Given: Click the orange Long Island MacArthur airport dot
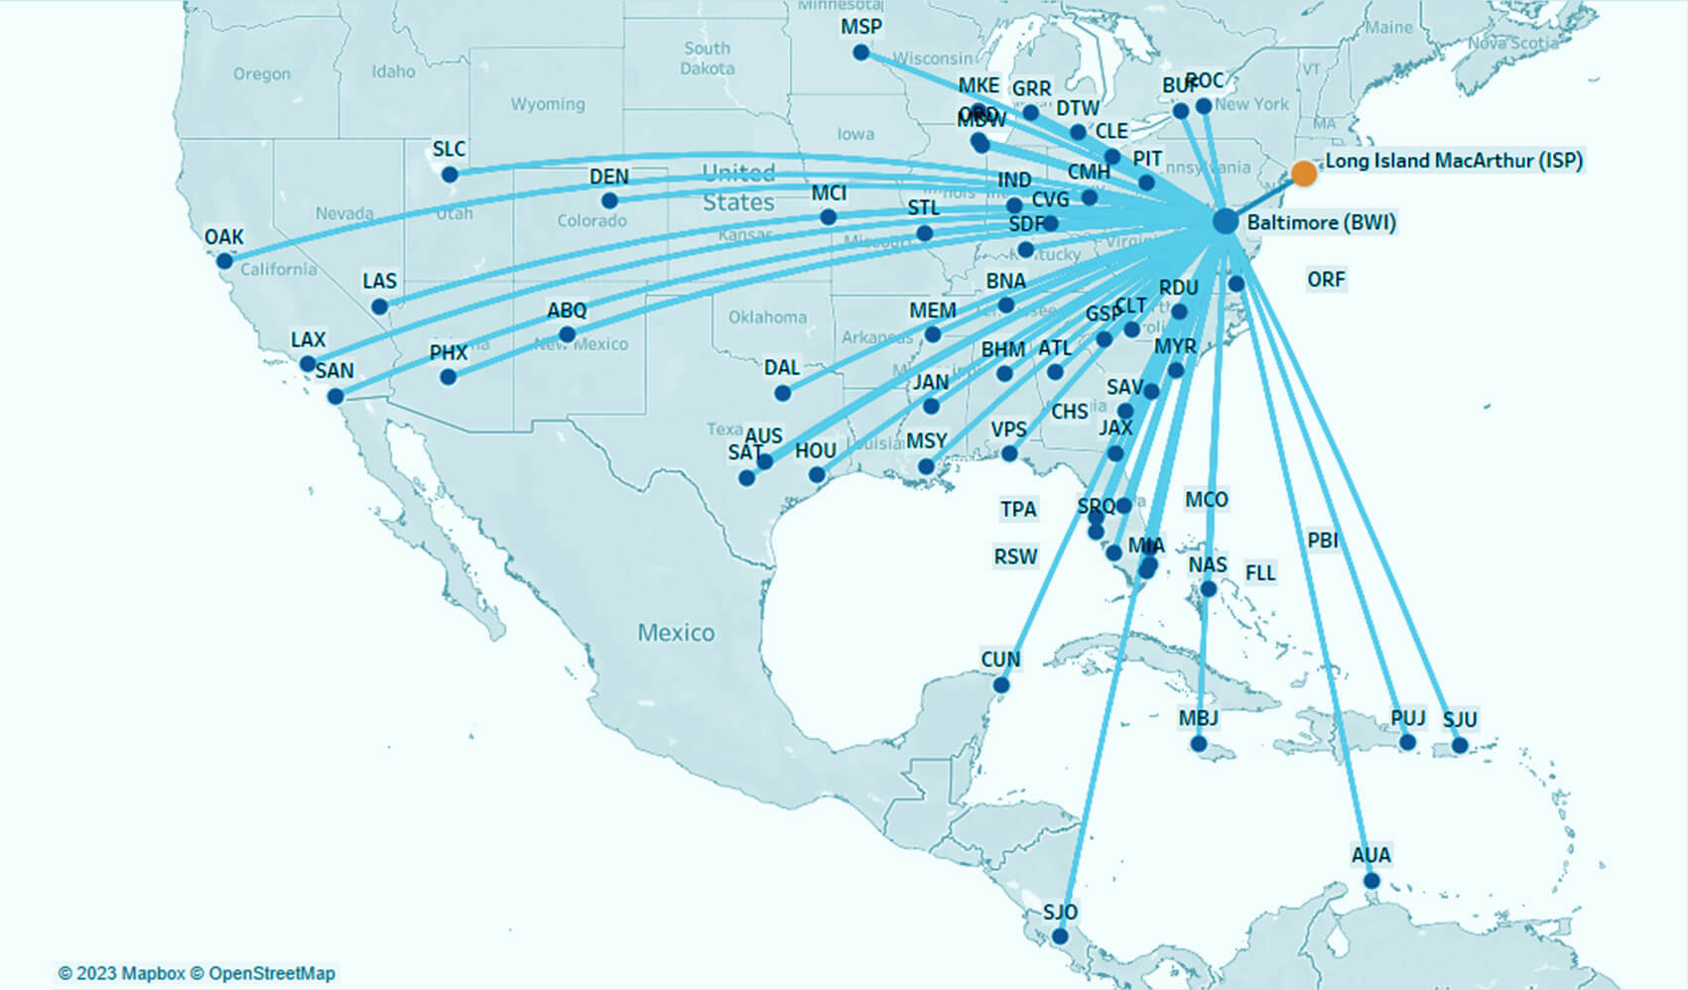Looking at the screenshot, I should point(1304,174).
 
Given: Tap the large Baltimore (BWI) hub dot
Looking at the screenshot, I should point(1226,221).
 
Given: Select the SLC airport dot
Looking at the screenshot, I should point(450,175).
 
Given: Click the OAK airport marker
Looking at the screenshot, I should point(225,261).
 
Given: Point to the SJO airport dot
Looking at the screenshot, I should point(1060,936).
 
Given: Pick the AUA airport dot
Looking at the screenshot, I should point(1371,881).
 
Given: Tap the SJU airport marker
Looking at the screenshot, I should point(1460,745).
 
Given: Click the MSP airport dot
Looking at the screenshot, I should point(861,53).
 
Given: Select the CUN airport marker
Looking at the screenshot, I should point(1001,685).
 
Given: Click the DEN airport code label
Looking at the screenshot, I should point(609,177).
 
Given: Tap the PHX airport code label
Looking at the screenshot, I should point(449,352).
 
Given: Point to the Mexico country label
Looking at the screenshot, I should point(676,633).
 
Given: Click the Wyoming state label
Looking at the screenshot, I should point(548,104).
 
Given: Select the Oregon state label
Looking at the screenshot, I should point(262,73).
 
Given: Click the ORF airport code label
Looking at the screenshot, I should point(1326,280).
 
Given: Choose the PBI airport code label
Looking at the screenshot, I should point(1323,541).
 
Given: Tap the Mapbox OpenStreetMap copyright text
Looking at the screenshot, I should point(196,973).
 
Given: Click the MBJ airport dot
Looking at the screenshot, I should point(1199,744).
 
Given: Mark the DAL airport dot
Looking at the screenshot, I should point(783,393).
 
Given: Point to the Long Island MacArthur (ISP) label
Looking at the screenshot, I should point(1454,161).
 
